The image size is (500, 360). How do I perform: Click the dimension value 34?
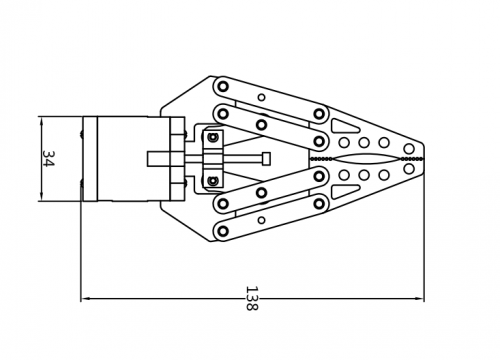(49, 159)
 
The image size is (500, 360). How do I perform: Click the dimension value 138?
(252, 298)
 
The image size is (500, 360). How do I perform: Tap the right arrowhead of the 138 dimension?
(419, 299)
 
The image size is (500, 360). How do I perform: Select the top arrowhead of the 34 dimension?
(41, 122)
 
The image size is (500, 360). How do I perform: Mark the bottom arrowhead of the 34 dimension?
(41, 196)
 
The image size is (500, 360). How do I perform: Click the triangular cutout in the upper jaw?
(343, 125)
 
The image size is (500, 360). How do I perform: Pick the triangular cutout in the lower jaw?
(343, 192)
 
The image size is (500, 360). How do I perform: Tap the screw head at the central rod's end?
(266, 159)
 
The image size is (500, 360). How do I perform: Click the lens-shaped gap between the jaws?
(364, 159)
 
